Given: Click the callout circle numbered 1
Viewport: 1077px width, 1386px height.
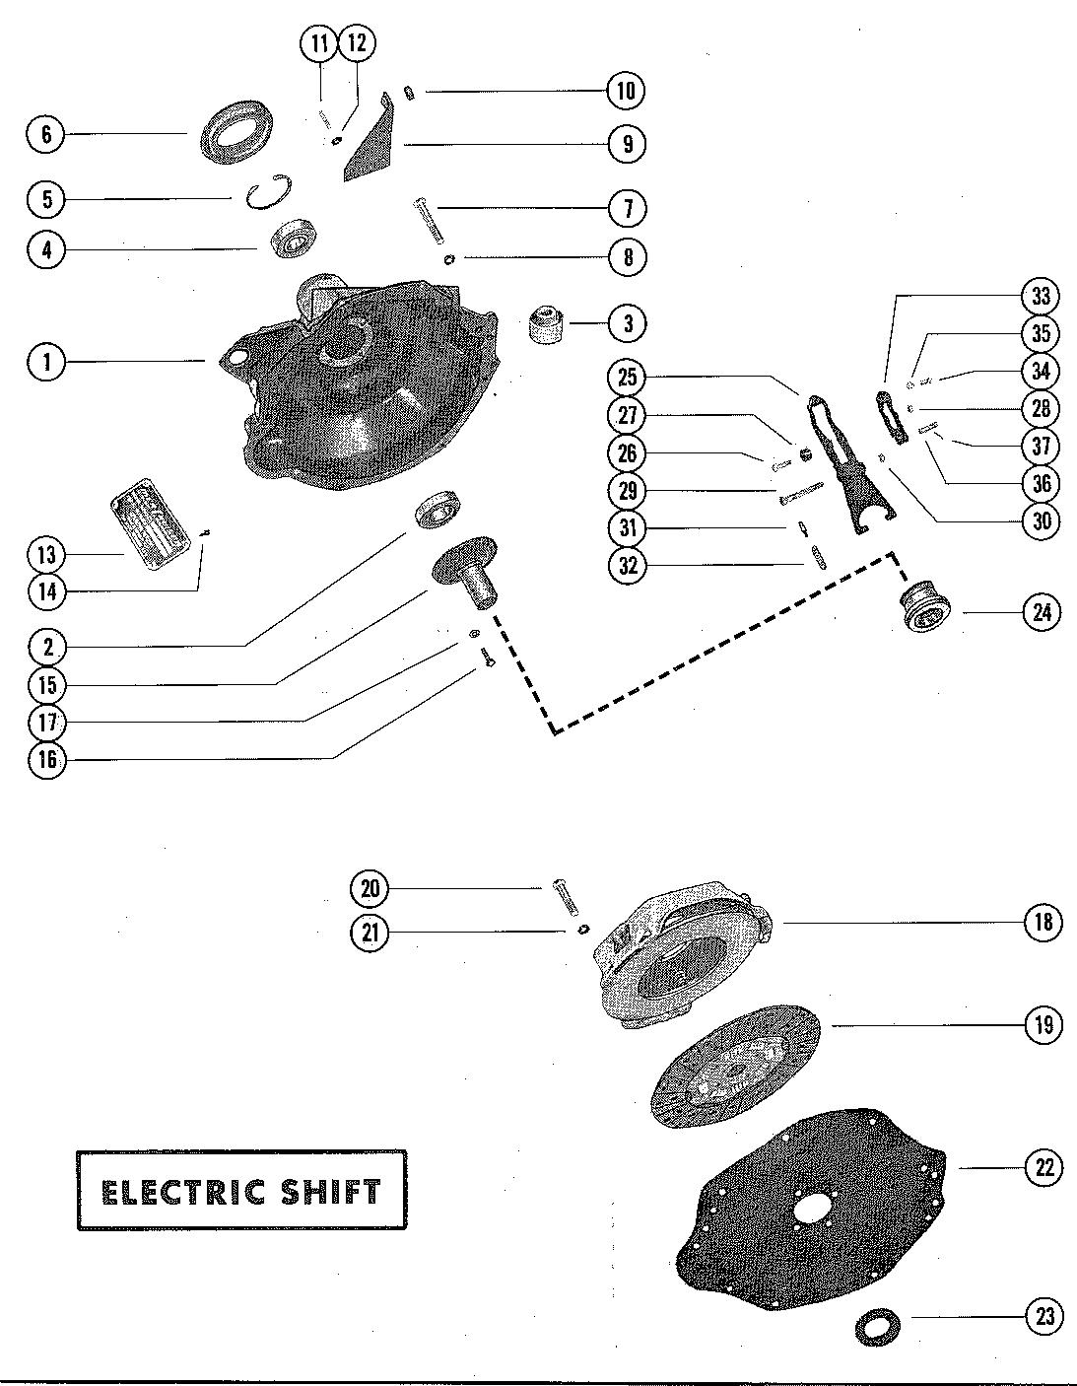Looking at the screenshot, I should point(45,362).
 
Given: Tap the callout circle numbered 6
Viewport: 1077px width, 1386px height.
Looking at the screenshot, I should point(45,133).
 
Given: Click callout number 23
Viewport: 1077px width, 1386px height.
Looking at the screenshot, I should point(1043,1316).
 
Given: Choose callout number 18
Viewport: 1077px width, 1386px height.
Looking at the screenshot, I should point(1043,923).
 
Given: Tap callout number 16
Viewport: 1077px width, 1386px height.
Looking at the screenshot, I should point(45,760).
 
